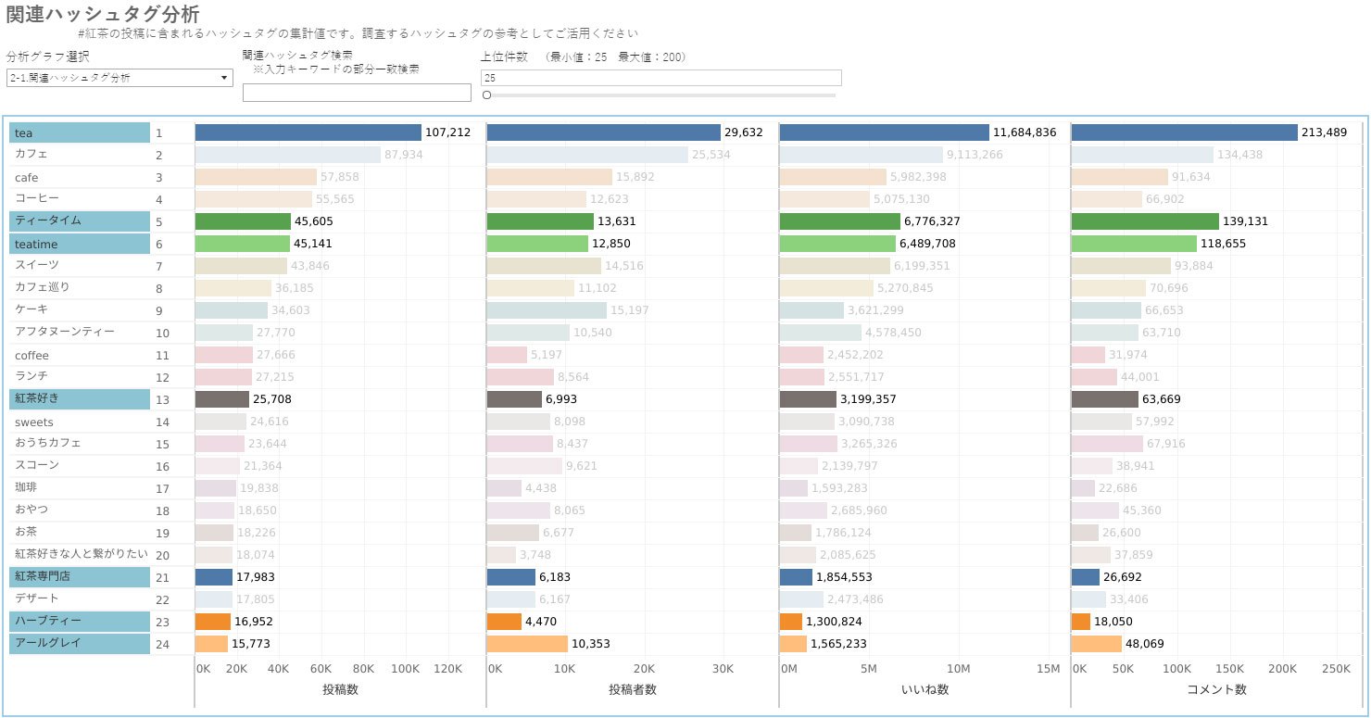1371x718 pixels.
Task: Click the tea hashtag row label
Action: coord(79,133)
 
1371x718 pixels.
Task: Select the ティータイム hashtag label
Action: coord(79,221)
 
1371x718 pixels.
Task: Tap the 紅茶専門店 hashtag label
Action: coord(79,576)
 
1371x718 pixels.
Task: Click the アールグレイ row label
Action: coord(79,643)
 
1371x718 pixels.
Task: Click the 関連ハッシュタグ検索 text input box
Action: coord(357,93)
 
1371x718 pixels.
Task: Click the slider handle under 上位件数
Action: coord(487,94)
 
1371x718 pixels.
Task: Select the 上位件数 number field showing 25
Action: coord(661,78)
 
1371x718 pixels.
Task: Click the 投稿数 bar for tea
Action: coord(308,132)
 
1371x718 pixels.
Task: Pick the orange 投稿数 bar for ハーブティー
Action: coord(212,622)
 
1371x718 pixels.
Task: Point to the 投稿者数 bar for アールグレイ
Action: coord(526,644)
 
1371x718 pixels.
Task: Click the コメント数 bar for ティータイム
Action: coord(1144,221)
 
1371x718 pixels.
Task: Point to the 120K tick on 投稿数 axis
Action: coord(447,669)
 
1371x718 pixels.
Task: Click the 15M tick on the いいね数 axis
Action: coord(1048,669)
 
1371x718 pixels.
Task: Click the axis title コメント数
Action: coord(1216,689)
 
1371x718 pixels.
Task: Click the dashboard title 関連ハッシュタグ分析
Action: coord(102,15)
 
